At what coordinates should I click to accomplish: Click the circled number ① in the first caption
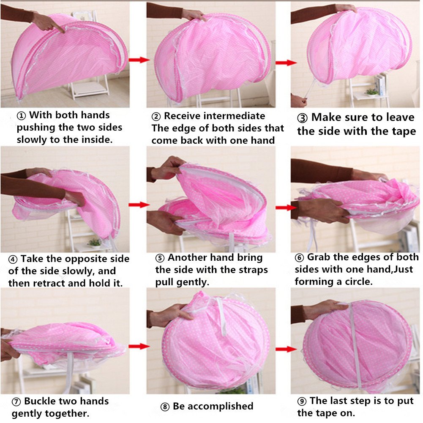click(x=22, y=115)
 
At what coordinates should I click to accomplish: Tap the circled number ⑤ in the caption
click(x=160, y=258)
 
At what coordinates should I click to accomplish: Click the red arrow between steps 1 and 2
click(x=139, y=60)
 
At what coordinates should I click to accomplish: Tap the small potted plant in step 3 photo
click(x=372, y=91)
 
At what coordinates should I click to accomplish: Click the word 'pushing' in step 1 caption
click(x=35, y=128)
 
